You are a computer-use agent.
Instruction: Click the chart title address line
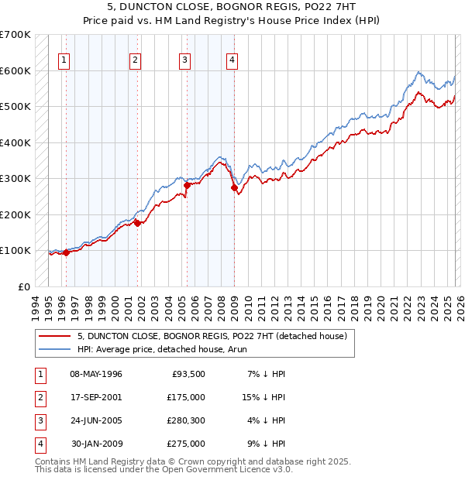(x=232, y=7)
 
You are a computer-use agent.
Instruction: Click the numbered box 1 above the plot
(x=63, y=61)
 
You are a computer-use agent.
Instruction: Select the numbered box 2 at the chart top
(x=135, y=61)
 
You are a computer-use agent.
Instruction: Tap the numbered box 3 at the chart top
(x=185, y=61)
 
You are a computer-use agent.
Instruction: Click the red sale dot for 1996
(x=67, y=252)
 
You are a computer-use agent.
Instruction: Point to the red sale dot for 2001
(x=138, y=223)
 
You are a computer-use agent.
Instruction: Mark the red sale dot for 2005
(x=187, y=185)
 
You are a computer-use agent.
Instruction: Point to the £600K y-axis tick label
(x=15, y=70)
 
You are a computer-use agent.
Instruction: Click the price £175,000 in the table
(x=186, y=397)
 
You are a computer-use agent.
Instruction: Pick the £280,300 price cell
(x=186, y=420)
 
